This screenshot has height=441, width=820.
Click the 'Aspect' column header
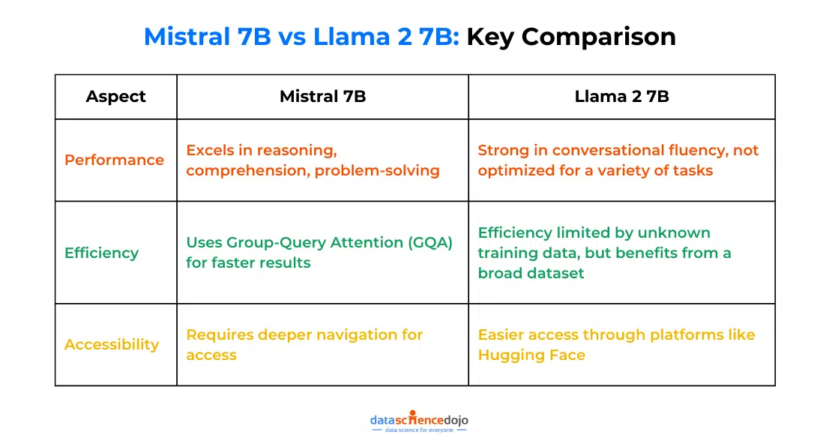click(x=115, y=96)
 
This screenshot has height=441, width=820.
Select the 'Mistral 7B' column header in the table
click(x=322, y=96)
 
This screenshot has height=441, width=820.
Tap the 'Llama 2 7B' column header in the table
click(x=621, y=96)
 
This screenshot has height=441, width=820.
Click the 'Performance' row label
click(x=114, y=160)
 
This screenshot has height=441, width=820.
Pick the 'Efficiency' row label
click(x=101, y=253)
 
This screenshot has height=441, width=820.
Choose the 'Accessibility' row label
click(x=112, y=344)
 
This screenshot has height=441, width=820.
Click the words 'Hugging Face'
click(x=531, y=355)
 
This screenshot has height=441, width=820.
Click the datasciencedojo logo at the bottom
click(x=419, y=420)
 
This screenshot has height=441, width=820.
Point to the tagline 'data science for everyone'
click(x=419, y=430)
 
